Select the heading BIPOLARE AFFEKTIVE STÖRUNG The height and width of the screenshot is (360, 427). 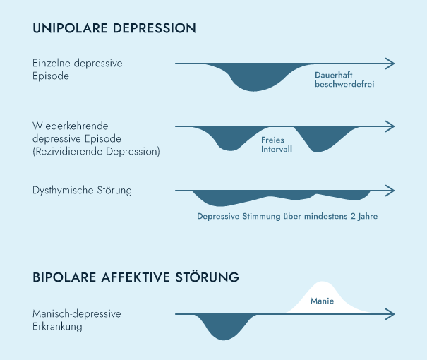coord(136,277)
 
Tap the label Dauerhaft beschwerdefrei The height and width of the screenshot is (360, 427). coord(344,78)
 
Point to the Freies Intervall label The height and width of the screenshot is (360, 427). coord(277,145)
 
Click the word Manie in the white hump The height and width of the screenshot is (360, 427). coord(322,301)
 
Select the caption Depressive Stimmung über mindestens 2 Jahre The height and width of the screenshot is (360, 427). coord(287,217)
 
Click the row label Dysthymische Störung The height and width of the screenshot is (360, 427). coord(83,191)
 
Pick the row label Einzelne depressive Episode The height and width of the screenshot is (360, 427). coord(78,69)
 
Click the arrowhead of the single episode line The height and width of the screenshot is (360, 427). coord(390,64)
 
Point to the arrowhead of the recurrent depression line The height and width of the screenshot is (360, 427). coord(390,127)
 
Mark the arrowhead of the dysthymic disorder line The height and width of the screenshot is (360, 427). coord(390,191)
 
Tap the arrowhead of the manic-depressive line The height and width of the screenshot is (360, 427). coord(390,313)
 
